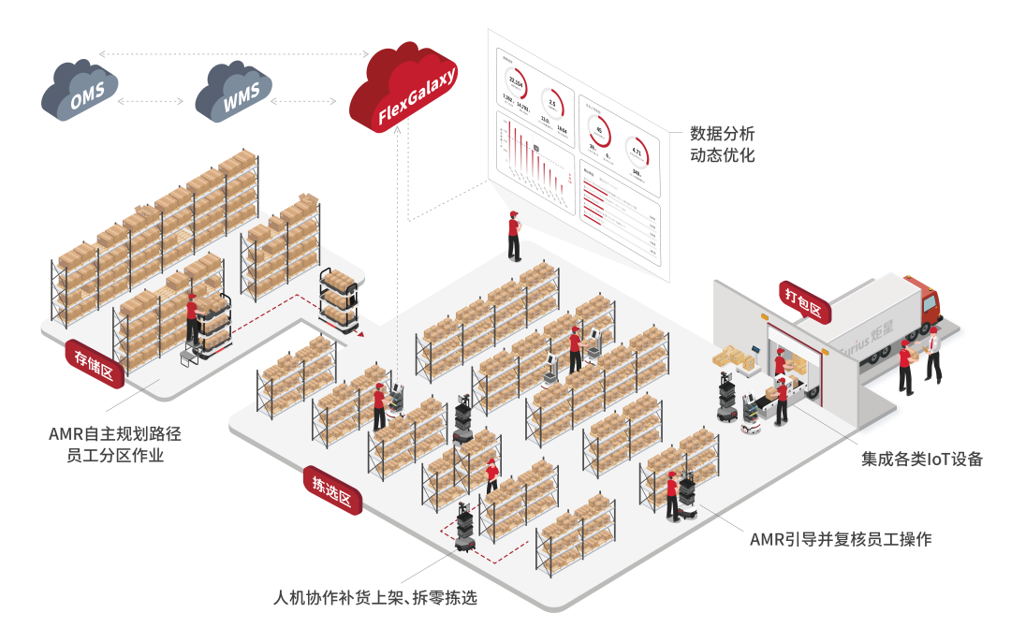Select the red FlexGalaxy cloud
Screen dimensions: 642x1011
406,89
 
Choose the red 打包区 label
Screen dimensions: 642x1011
802,300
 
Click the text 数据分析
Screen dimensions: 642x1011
722,134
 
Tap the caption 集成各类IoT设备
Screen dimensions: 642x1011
922,459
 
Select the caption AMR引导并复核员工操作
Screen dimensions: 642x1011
841,539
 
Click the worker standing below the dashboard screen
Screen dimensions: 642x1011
514,236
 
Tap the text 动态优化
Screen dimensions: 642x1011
722,155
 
